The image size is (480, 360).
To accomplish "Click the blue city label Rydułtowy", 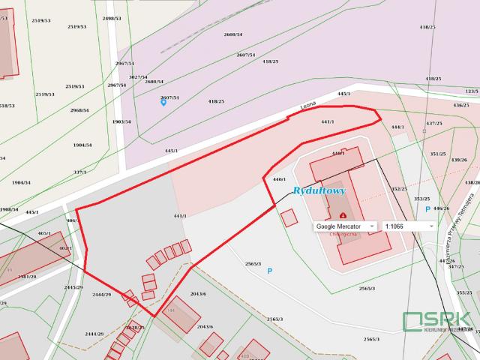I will pos(319,191).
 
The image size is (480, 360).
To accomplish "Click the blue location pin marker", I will pos(163,102).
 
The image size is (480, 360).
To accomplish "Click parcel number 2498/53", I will pos(112,18).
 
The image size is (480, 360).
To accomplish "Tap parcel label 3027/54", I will pos(137,76).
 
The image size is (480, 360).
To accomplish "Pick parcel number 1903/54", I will pos(121,121).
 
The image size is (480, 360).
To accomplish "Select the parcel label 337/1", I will pos(79,172).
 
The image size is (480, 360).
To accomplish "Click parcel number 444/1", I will pos(398,127).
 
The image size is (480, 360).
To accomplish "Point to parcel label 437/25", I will pos(434,123).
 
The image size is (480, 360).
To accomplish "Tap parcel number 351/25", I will pos(438,154).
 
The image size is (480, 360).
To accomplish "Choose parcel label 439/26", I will pos(459,160).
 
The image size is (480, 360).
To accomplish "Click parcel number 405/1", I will pos(44,233).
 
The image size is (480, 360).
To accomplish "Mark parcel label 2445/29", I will pos(73,287).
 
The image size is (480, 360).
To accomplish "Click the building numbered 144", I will pos(170,310).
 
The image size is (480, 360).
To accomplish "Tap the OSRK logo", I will pos(437,321).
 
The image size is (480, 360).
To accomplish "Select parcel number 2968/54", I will pos(79,110).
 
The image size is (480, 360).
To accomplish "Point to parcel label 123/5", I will pos(471,91).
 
